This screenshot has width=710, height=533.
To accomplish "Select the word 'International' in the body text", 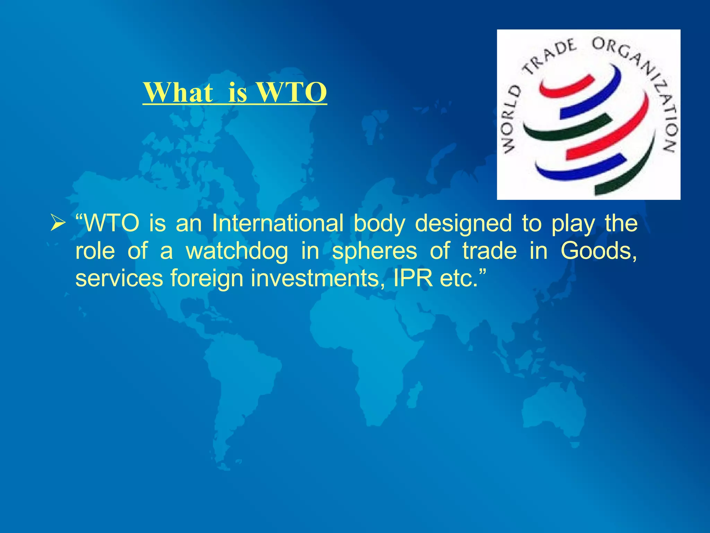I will coord(278,223).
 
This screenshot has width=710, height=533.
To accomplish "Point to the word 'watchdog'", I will coord(237,251).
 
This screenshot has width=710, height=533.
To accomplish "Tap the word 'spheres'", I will coord(374,251).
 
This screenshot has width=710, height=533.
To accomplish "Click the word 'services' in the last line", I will coord(119,278).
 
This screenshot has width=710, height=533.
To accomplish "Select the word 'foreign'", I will coord(207,279).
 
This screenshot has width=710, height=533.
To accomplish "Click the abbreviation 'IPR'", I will coord(413,278).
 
